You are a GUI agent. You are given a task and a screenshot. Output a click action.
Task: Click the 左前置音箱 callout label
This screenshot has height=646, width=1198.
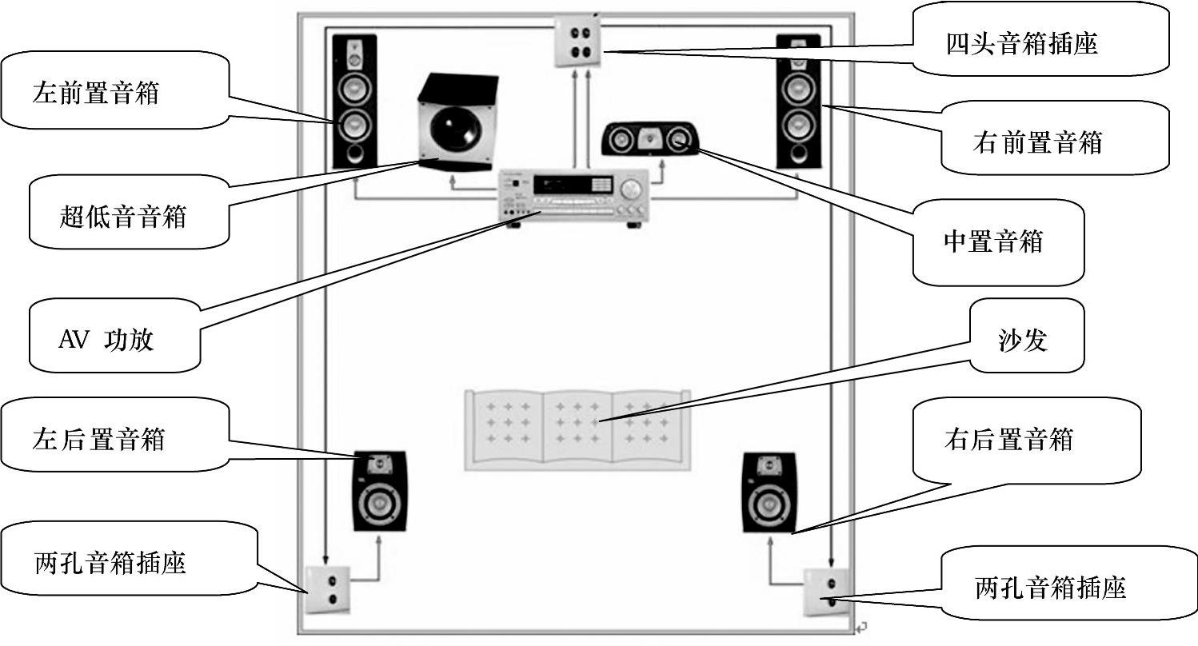(x=96, y=93)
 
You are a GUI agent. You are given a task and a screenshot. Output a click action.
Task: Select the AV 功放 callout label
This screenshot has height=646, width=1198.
(x=106, y=340)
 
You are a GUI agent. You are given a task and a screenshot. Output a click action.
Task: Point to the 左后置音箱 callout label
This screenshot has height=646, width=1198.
(x=99, y=439)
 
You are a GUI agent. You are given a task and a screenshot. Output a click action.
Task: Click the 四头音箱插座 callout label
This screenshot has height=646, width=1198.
(x=1020, y=43)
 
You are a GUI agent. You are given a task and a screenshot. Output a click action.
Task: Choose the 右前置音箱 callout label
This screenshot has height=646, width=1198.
(x=1037, y=142)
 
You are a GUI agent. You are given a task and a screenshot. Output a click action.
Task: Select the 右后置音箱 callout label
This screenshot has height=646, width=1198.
(x=1008, y=439)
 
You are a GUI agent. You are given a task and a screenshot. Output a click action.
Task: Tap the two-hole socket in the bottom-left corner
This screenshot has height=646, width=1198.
(x=329, y=588)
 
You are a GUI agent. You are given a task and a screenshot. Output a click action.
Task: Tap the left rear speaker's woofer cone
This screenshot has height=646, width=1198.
(x=380, y=504)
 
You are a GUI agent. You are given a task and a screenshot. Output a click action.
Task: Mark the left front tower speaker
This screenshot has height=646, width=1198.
(x=354, y=101)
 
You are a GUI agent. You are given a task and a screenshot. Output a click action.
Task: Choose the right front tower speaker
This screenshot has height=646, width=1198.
(x=798, y=101)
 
